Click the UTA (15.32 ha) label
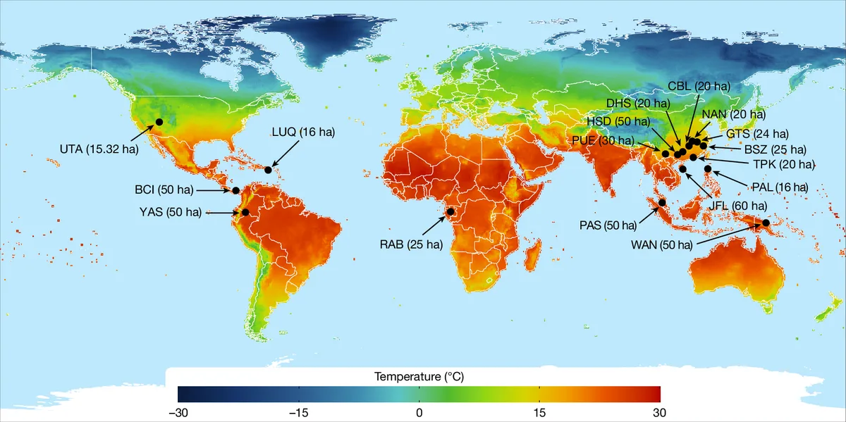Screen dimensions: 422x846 (98, 149)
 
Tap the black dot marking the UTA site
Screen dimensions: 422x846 (159, 121)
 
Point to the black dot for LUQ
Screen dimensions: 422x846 (268, 170)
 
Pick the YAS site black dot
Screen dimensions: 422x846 (245, 212)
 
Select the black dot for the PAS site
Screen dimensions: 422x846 (663, 204)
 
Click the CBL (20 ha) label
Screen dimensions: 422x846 (699, 86)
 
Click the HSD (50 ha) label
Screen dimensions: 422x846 (620, 121)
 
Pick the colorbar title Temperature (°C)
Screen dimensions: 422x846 (419, 377)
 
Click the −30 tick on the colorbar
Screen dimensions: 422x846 (178, 411)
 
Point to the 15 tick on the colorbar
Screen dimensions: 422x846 (539, 411)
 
